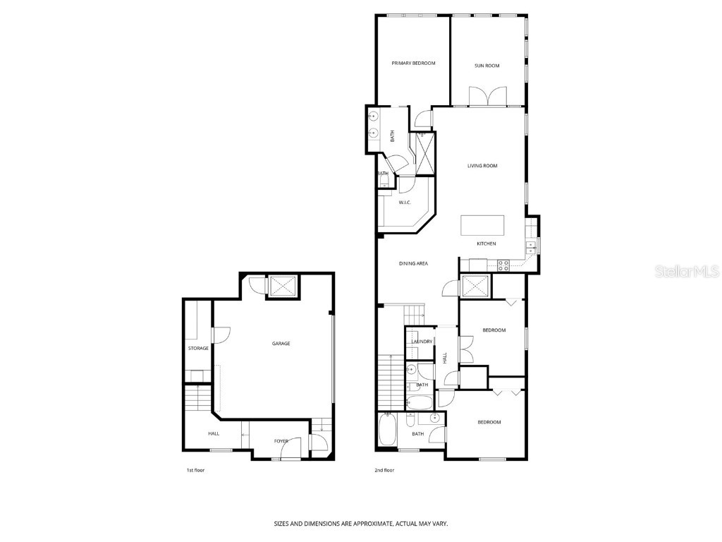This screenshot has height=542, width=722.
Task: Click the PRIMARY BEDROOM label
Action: [413, 64]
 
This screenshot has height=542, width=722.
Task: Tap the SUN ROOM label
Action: [487, 66]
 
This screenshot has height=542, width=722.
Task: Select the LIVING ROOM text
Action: [482, 166]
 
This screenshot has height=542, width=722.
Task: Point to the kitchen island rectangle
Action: [483, 225]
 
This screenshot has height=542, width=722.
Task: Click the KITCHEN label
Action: [487, 243]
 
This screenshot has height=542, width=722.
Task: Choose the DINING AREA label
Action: [413, 263]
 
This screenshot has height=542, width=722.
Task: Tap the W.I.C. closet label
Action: [405, 203]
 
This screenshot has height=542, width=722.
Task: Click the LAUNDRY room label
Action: [422, 342]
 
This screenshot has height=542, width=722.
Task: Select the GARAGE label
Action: [281, 344]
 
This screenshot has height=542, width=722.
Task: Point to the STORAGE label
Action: [198, 348]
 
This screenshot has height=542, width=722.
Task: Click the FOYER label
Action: [281, 441]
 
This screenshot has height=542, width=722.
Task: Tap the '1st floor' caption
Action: [195, 470]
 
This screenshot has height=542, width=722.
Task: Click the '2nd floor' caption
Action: [384, 470]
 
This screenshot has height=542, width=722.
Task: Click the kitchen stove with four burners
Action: [504, 265]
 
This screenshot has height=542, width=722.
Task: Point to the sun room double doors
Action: [487, 96]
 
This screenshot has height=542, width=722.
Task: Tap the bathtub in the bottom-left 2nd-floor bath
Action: [388, 431]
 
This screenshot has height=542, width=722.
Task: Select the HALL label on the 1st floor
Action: [213, 434]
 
